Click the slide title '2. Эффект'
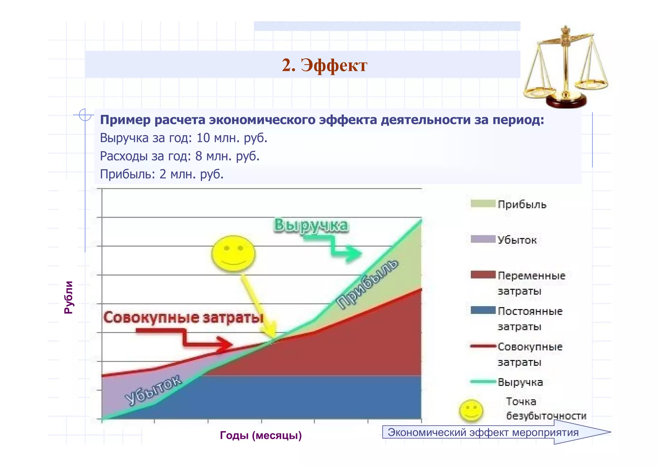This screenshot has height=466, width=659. (324, 65)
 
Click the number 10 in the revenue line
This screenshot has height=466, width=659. (203, 138)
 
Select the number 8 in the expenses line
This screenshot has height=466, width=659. (199, 156)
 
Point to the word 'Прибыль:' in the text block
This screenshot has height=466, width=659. (128, 174)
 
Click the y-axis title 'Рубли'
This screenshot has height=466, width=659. (69, 297)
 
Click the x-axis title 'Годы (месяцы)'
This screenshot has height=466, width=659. (261, 435)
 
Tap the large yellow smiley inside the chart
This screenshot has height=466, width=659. (233, 253)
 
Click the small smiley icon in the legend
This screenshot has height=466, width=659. (471, 410)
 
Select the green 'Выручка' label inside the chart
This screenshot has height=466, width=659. (311, 225)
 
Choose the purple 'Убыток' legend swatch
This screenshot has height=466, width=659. (483, 239)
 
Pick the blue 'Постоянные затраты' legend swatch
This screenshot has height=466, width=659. (483, 310)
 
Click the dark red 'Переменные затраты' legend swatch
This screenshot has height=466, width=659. (483, 275)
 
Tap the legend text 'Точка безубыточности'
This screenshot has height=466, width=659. (546, 409)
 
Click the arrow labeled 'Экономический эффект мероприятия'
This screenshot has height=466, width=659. (496, 432)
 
